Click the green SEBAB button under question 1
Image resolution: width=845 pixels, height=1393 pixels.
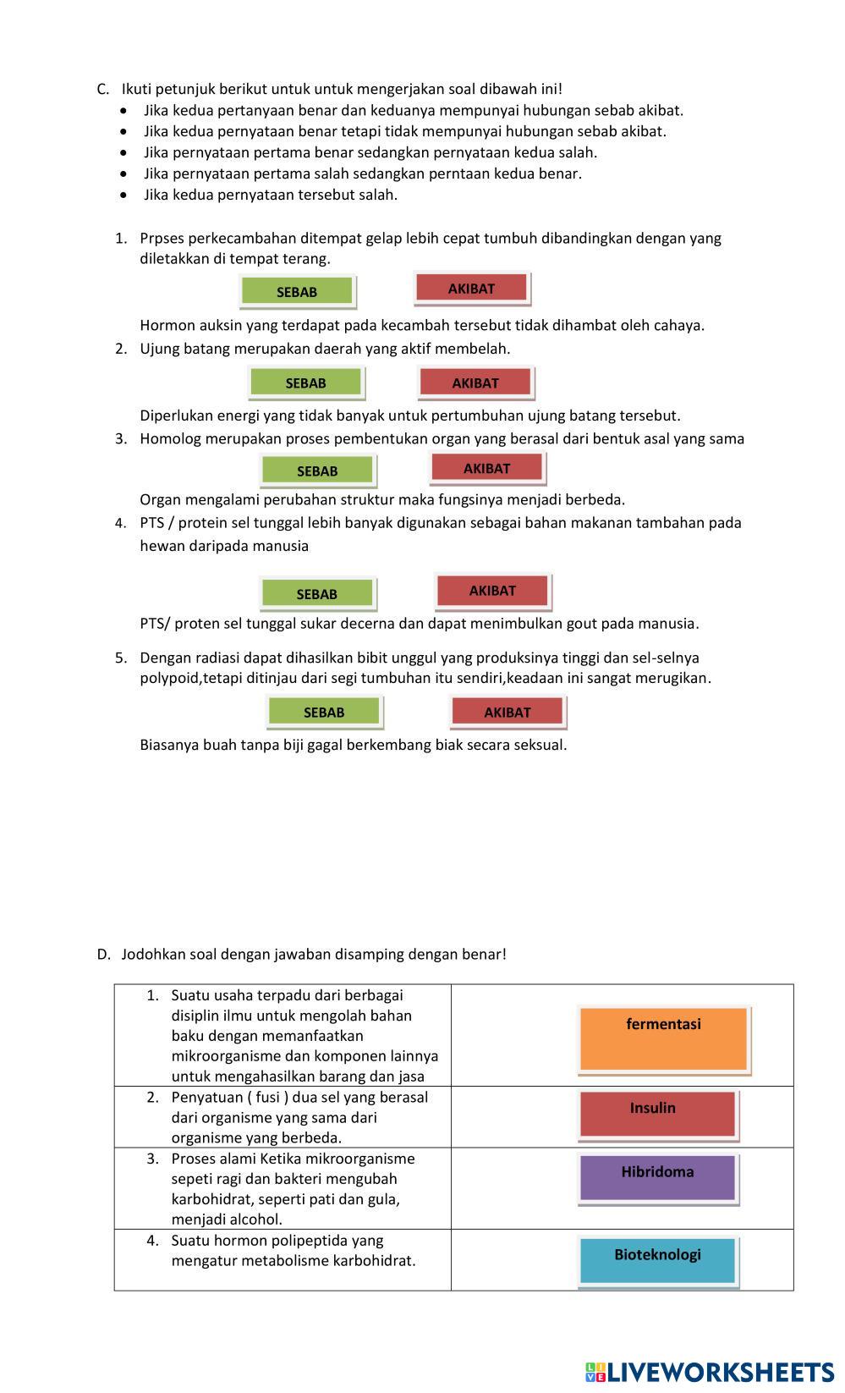[x=297, y=292]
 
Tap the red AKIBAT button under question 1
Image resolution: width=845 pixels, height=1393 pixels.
[x=471, y=289]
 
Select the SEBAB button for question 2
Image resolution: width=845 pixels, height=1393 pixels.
[x=305, y=383]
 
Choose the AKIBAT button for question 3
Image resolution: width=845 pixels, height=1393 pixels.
[x=487, y=469]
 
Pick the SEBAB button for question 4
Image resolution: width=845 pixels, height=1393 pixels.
[x=317, y=594]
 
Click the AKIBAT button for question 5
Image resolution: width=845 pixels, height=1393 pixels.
[x=508, y=713]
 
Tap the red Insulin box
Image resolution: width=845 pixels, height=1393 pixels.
[x=657, y=1114]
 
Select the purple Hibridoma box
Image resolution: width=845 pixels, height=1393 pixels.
[x=657, y=1177]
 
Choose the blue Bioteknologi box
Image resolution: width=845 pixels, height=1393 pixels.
[x=657, y=1260]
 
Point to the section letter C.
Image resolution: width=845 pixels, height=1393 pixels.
[x=103, y=89]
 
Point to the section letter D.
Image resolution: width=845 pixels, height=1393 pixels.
[x=103, y=954]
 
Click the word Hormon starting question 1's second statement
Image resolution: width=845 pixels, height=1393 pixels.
[x=167, y=325]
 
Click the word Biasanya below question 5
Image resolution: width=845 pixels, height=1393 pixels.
[x=169, y=745]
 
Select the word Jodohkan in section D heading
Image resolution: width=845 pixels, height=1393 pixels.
[x=153, y=954]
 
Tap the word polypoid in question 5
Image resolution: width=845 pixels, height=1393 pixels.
[x=169, y=678]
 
